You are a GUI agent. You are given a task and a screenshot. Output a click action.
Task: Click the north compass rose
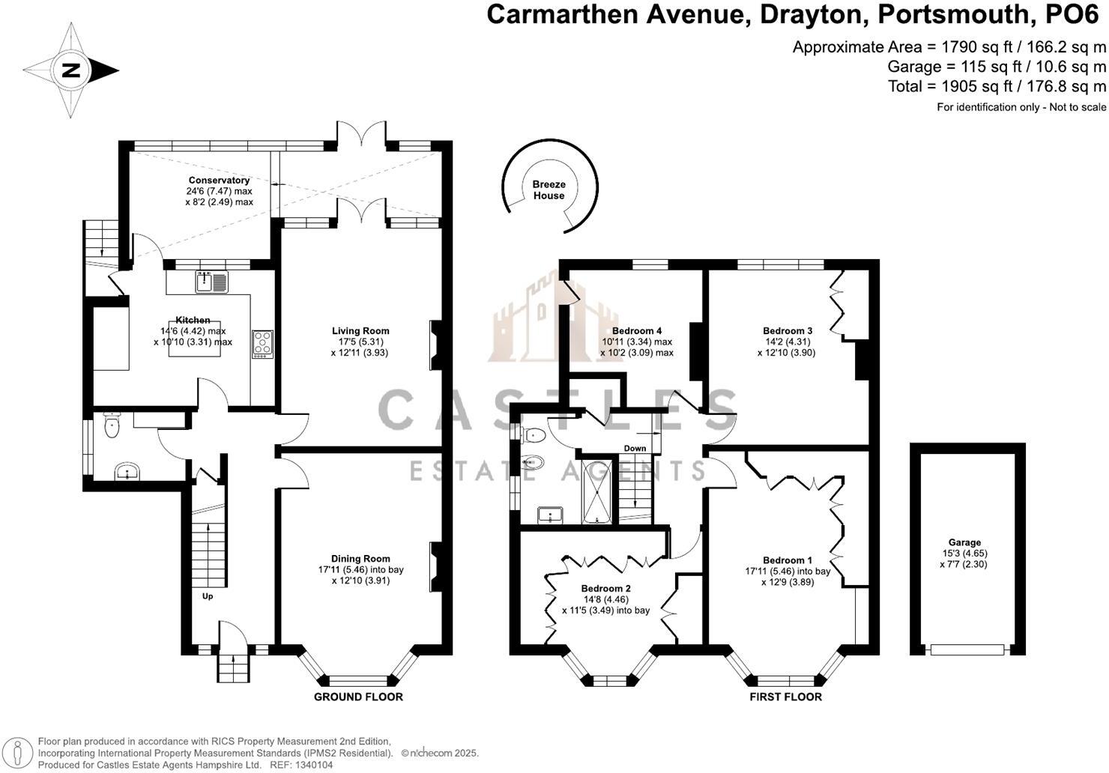click(x=70, y=70)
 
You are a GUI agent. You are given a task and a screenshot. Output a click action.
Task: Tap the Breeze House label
click(x=549, y=190)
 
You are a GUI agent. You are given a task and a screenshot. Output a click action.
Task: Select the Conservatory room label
click(x=219, y=181)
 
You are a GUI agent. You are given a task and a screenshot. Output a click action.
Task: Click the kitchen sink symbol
click(x=212, y=282)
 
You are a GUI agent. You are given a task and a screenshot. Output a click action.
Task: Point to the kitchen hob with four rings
click(x=262, y=343)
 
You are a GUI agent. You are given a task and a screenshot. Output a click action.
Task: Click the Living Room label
click(x=360, y=330)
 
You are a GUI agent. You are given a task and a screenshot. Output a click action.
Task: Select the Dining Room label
click(x=360, y=558)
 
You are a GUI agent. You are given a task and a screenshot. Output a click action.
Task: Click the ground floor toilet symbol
click(x=112, y=427)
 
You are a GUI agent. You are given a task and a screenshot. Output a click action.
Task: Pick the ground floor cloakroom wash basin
click(x=127, y=472)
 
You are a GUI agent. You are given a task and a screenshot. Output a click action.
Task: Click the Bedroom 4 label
click(x=637, y=330)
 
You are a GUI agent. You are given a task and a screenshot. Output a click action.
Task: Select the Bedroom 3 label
click(x=788, y=330)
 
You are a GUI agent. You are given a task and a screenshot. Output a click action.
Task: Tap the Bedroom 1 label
click(x=788, y=560)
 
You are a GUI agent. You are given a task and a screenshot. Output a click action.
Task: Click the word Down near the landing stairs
click(x=635, y=449)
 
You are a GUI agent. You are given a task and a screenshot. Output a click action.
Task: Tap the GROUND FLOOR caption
click(x=358, y=697)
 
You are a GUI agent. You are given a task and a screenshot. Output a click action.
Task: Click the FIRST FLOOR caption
click(x=785, y=697)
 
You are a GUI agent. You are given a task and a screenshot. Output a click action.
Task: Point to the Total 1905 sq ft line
click(x=997, y=86)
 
